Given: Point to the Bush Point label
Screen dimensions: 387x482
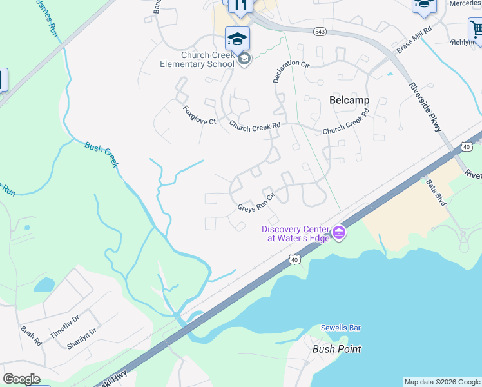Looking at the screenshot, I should click(336, 349).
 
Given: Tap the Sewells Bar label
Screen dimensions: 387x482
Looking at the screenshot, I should click(341, 328).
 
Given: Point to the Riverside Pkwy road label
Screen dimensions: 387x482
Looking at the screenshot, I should click(425, 108).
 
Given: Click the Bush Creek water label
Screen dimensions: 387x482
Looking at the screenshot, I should click(102, 154).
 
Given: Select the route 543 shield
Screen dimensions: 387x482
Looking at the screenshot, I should click(319, 31).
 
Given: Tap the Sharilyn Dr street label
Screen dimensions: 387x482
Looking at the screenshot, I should click(81, 339).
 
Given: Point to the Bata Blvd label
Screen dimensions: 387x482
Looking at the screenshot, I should click(436, 192).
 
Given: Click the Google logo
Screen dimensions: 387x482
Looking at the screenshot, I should click(22, 379).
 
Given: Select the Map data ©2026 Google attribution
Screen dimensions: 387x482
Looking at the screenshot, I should click(442, 382).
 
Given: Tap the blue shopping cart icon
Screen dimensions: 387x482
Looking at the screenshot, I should click(476, 30).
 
